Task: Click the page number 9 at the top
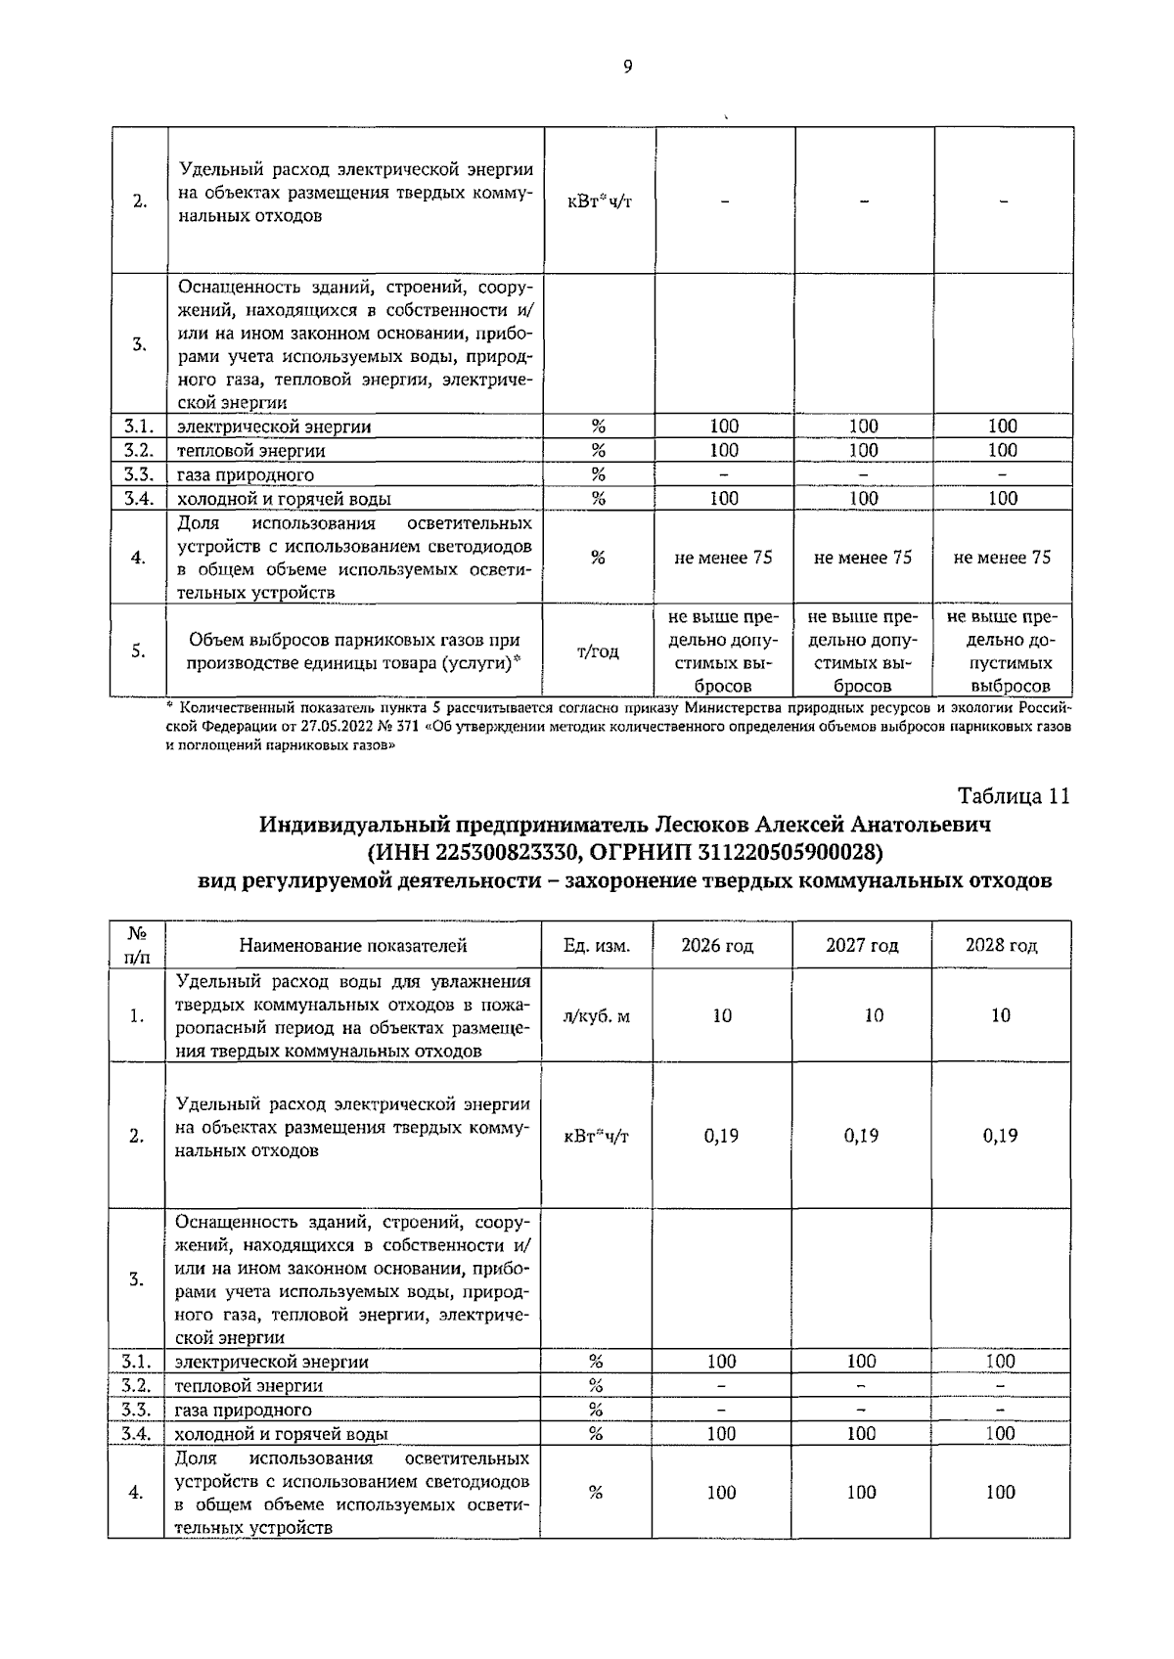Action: point(627,67)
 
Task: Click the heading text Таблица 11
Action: point(1014,795)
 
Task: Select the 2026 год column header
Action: point(717,945)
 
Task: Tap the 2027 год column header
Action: point(861,945)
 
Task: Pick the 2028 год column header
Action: point(1001,945)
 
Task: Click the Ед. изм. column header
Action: point(596,945)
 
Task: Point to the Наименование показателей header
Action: point(353,945)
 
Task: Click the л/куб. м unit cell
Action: point(596,1015)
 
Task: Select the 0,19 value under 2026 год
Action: point(721,1135)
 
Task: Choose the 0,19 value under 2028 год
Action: point(1000,1135)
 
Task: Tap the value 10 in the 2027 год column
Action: point(873,1015)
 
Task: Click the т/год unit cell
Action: point(598,651)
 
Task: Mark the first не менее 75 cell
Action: point(723,557)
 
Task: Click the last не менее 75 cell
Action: point(1002,557)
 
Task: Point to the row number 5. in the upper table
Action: point(139,651)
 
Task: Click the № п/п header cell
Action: point(137,945)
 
